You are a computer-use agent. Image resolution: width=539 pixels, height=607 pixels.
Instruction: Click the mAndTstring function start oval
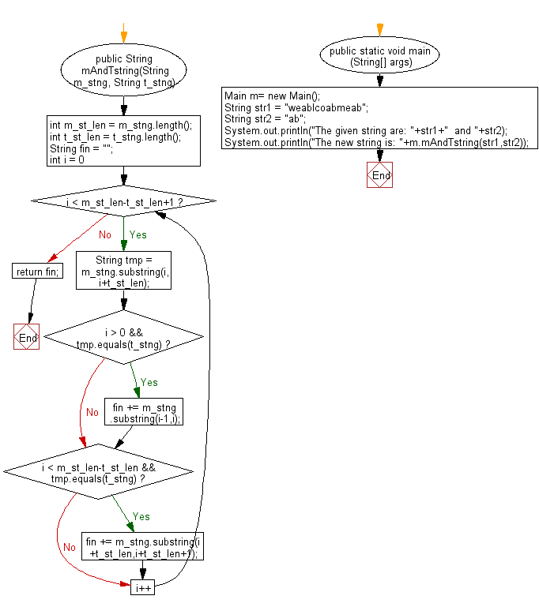click(122, 70)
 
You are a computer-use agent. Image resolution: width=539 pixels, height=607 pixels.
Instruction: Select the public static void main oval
click(380, 55)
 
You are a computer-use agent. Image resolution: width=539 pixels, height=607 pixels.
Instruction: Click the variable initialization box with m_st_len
click(122, 142)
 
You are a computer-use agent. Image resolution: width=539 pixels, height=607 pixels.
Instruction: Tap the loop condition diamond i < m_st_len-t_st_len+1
click(122, 202)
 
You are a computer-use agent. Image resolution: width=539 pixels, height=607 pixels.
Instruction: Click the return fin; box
click(36, 272)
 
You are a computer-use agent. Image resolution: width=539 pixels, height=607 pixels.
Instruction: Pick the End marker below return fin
click(27, 337)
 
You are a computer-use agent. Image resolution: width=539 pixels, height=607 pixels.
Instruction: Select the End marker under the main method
click(380, 175)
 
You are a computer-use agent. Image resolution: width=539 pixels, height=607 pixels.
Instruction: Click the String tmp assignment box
click(122, 272)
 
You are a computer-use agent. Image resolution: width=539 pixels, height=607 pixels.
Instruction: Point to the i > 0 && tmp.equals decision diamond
click(122, 338)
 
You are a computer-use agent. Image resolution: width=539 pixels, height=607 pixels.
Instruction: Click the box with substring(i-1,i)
click(144, 412)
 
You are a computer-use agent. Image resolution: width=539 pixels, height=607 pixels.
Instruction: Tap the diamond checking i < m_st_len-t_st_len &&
click(98, 473)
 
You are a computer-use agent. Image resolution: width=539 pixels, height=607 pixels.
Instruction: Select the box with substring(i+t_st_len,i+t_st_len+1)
click(143, 547)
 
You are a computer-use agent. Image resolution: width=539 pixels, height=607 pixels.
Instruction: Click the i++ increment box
click(143, 588)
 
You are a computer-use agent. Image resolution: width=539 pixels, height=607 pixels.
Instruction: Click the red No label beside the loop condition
click(104, 234)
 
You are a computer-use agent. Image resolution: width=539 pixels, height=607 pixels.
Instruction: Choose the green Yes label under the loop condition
click(138, 234)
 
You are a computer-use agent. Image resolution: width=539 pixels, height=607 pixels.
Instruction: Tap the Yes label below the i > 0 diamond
click(149, 382)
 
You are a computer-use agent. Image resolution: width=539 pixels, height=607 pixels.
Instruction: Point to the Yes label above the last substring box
click(141, 516)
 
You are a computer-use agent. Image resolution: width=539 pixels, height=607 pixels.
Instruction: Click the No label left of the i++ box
click(70, 547)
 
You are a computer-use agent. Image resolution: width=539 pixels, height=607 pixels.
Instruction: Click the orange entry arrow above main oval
click(380, 29)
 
